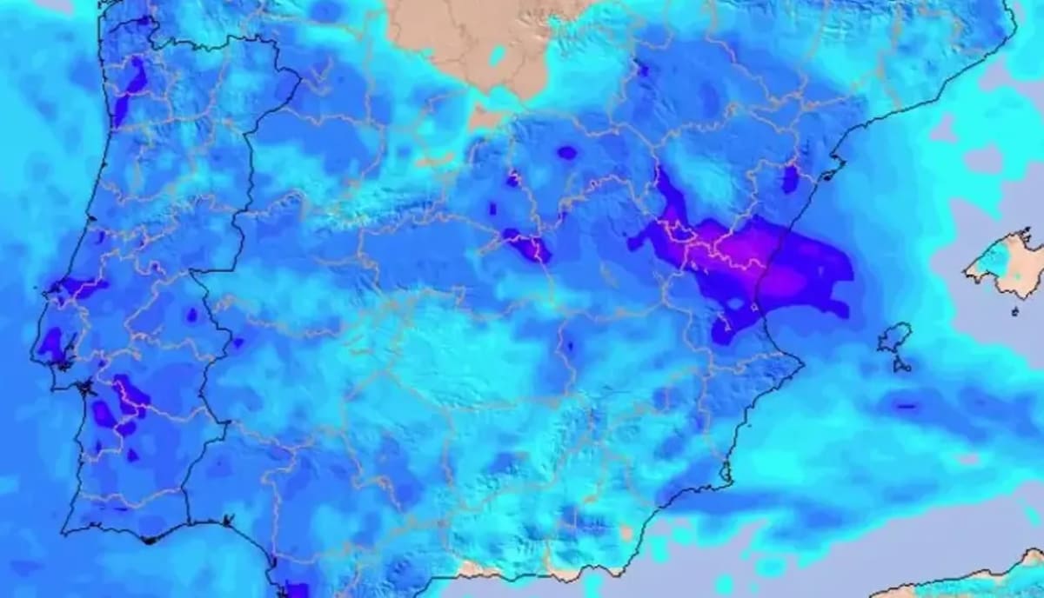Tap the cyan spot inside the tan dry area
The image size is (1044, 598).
pos(498,56)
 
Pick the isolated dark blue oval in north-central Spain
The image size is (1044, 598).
pos(567,153)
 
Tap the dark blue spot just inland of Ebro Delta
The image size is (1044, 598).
pos(790,178)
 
